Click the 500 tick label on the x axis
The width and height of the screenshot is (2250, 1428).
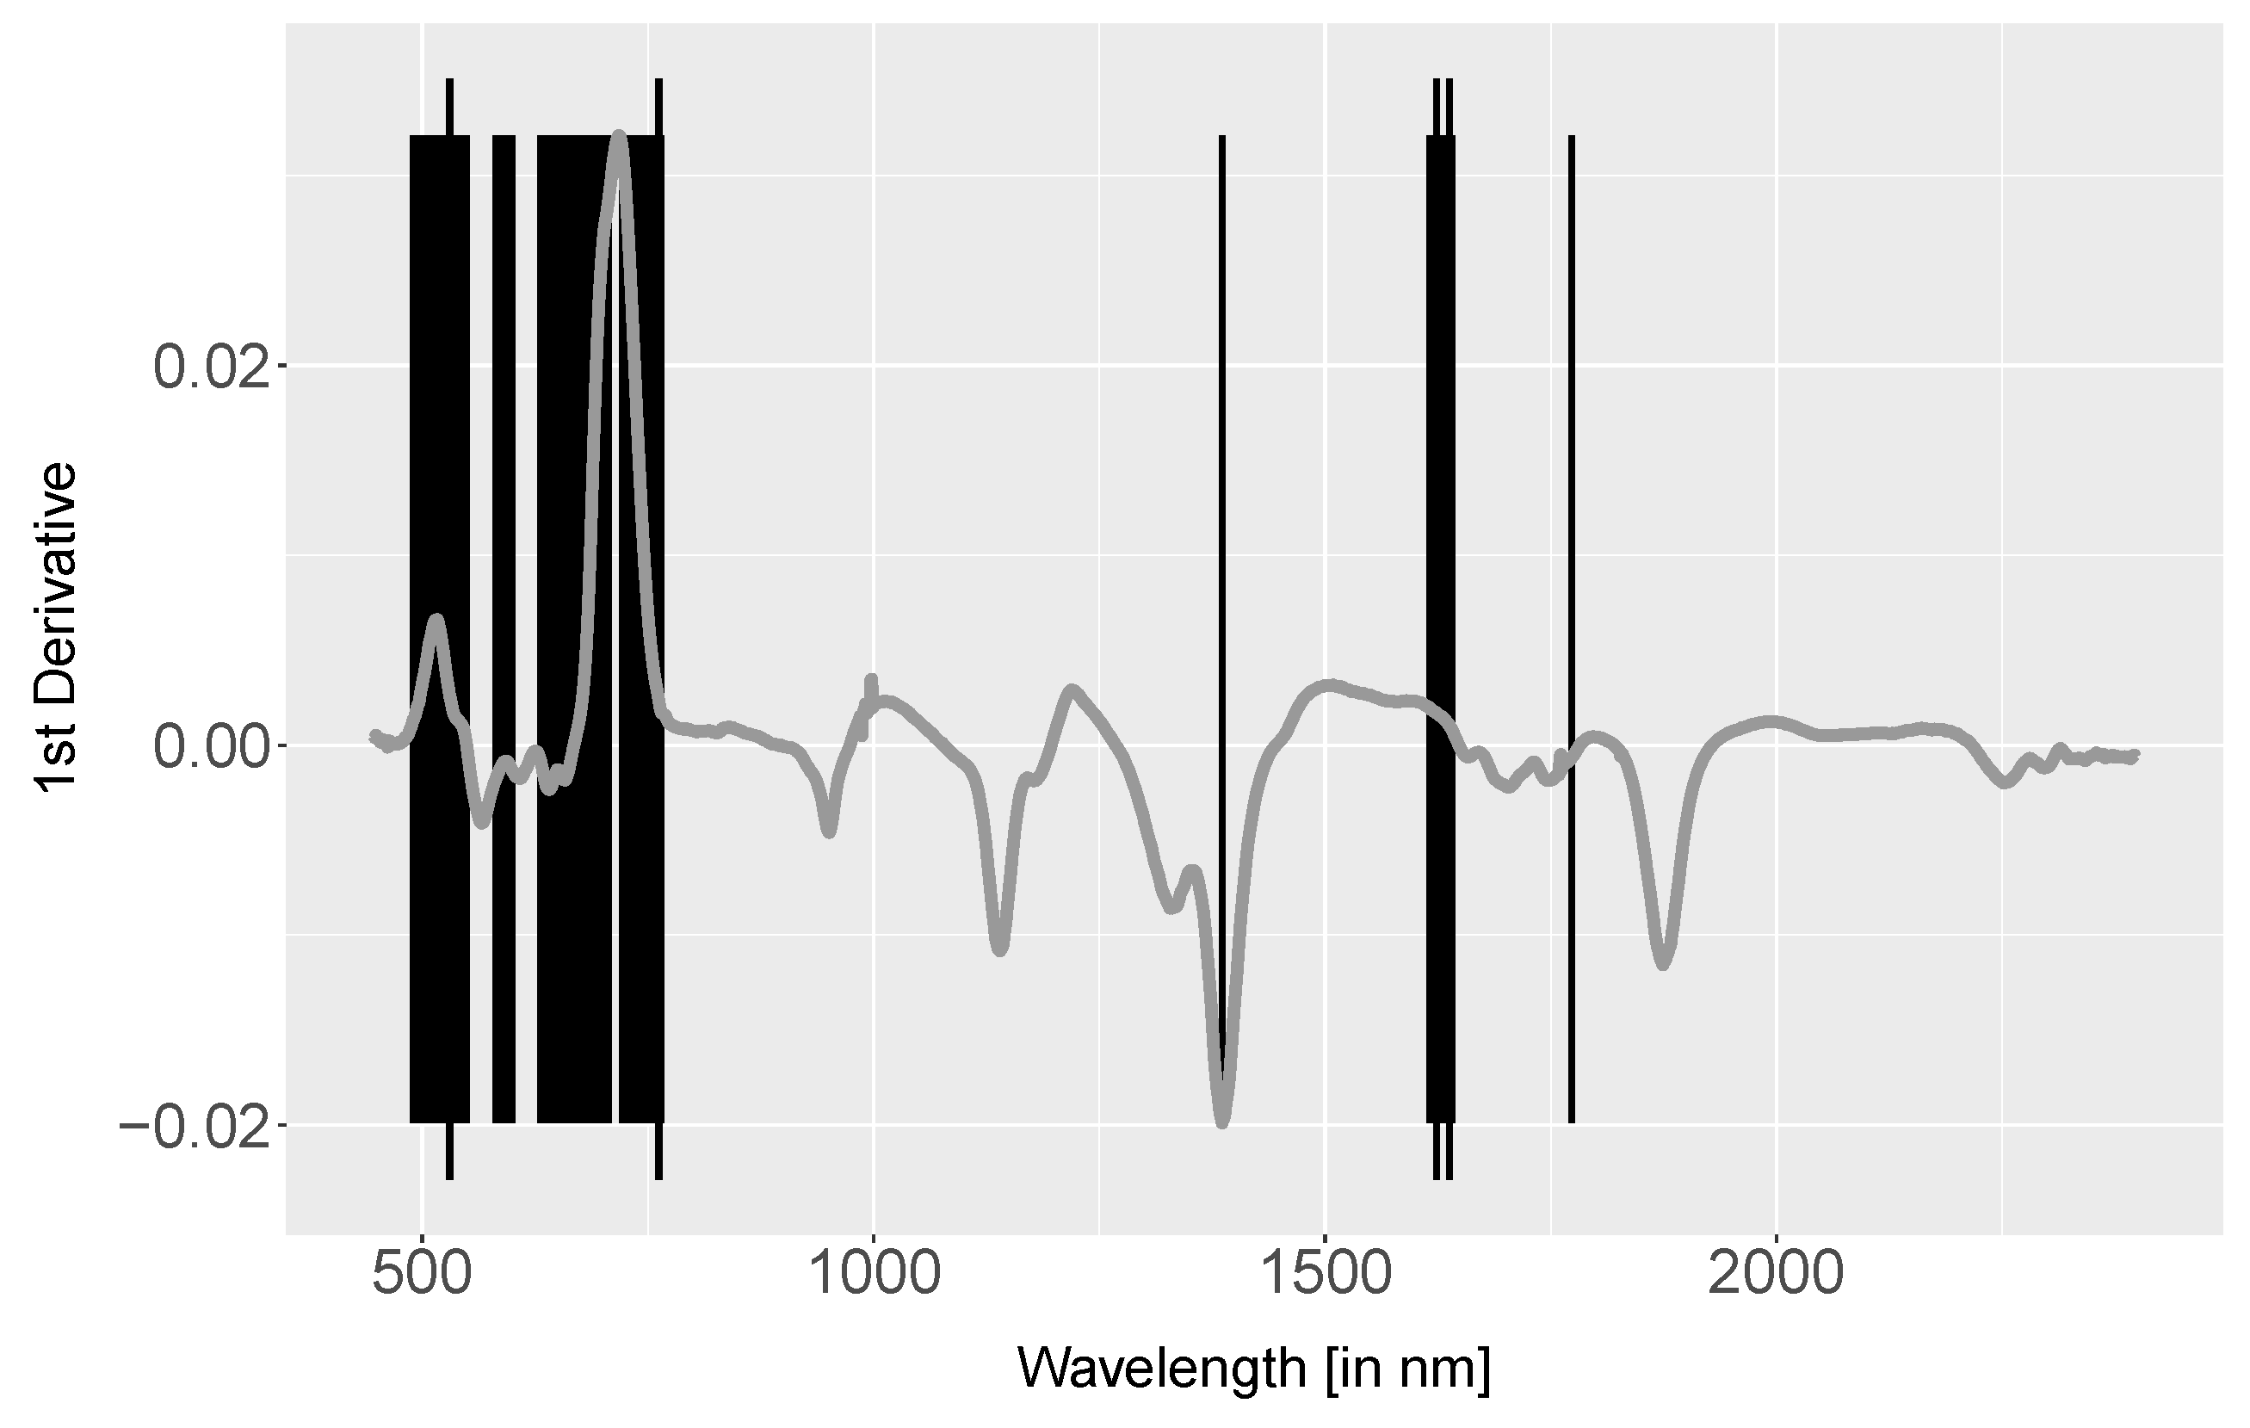(423, 1277)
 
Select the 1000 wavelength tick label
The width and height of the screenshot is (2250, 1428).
(874, 1277)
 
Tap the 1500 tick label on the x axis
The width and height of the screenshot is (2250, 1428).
(1325, 1277)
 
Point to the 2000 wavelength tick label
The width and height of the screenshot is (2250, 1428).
(1776, 1277)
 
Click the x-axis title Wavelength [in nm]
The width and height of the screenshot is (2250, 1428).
(1253, 1370)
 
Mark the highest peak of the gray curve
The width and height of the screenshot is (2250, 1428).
(619, 138)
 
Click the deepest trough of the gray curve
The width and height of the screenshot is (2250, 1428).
(1222, 1122)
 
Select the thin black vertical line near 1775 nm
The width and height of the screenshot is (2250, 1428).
(1571, 467)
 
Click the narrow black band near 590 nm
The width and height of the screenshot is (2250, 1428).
(504, 467)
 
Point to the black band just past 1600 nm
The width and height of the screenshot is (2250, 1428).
(1440, 467)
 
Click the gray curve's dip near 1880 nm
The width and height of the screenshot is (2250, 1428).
(1663, 963)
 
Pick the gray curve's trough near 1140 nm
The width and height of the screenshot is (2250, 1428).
(1000, 949)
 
